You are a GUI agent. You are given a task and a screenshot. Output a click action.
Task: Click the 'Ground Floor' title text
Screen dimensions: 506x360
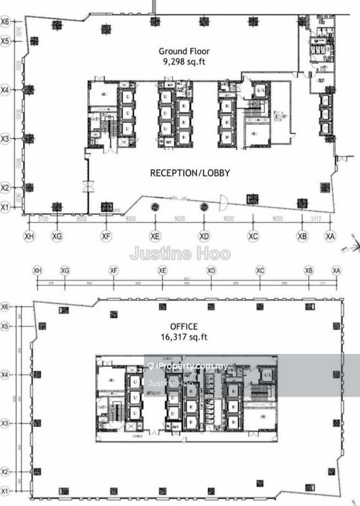click(183, 51)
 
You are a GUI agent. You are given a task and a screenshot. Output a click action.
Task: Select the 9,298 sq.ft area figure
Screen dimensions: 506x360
click(183, 62)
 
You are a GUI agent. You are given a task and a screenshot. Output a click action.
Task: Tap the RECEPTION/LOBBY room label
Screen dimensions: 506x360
click(189, 173)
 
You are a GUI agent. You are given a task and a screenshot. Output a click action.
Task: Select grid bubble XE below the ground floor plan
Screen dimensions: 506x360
click(154, 235)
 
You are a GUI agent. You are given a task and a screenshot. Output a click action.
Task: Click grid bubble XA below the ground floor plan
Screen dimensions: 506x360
click(330, 235)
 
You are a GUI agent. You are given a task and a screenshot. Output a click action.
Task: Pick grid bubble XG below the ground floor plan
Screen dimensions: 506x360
click(57, 235)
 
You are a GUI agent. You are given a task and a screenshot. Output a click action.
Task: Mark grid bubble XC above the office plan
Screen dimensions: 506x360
click(260, 270)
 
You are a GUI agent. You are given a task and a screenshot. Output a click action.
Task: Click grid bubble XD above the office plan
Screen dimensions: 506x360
click(211, 270)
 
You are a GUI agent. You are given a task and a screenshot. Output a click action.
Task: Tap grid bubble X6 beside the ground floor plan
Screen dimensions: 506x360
click(6, 22)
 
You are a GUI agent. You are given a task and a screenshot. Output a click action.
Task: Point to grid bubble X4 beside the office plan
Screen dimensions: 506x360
click(6, 375)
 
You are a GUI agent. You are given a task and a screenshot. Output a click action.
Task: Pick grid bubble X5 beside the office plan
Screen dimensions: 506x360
click(6, 326)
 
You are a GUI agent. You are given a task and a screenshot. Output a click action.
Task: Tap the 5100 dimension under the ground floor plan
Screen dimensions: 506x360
click(43, 219)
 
